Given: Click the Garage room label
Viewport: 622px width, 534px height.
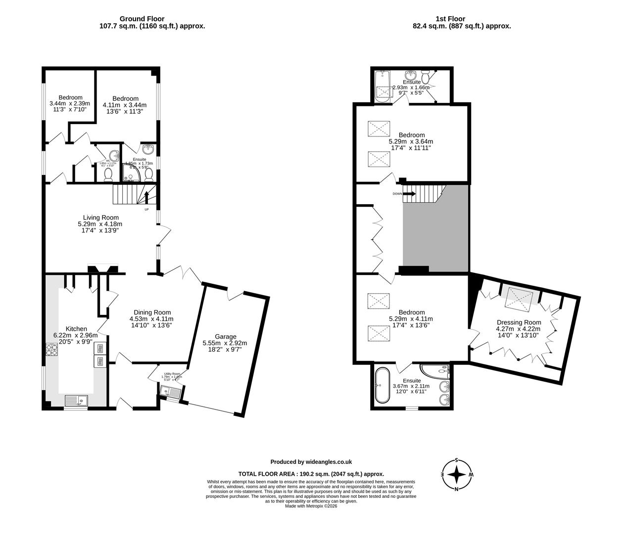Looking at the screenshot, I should (x=225, y=336).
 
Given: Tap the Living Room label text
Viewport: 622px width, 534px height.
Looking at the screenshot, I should (x=100, y=217).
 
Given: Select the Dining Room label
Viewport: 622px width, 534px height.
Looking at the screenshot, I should (x=151, y=312).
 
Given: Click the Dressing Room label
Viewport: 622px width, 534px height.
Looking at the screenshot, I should (x=519, y=322).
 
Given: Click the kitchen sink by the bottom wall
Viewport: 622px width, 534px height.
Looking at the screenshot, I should (x=76, y=400).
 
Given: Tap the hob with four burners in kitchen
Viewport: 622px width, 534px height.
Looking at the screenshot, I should (x=52, y=350).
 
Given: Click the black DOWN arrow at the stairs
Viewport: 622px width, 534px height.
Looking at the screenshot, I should (x=410, y=194).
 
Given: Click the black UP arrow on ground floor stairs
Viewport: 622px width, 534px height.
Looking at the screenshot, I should (x=146, y=198).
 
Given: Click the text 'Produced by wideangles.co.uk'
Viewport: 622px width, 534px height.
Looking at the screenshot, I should (x=311, y=462).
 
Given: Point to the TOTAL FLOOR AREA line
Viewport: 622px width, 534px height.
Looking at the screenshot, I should (x=311, y=473).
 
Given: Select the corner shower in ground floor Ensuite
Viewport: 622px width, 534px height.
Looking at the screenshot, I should (x=130, y=173).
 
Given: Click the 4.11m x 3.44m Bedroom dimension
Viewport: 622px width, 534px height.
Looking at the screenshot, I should (x=125, y=105).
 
